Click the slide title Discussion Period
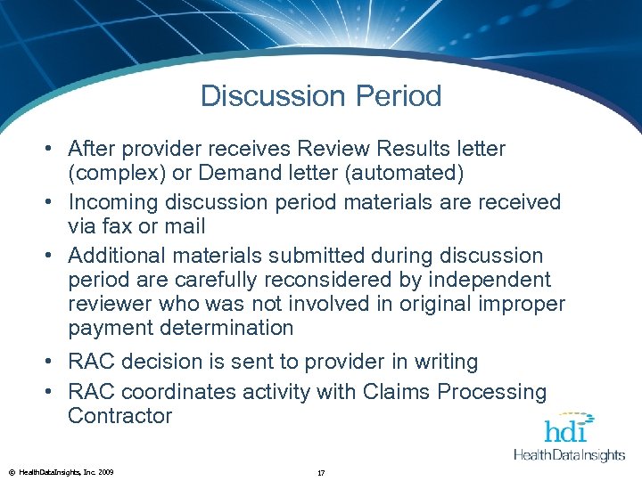coord(321,96)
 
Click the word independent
coord(485,280)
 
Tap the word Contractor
coord(119,416)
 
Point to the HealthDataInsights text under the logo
coord(569,455)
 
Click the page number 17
coord(321,471)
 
